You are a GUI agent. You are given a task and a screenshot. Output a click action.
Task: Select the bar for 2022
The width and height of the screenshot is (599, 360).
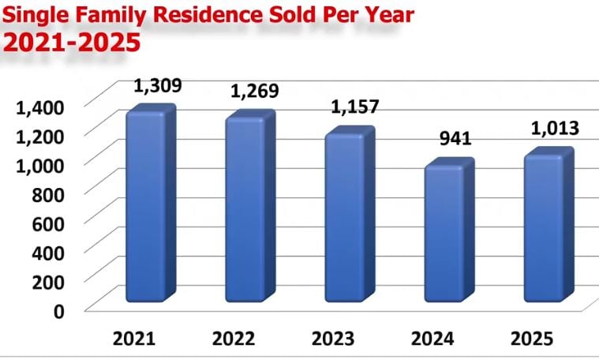245,212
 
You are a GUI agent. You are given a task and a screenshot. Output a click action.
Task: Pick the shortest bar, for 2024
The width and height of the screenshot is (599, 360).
444,234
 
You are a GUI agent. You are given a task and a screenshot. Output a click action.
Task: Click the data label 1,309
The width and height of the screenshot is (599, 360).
156,84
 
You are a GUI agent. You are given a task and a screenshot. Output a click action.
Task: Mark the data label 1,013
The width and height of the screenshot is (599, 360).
553,128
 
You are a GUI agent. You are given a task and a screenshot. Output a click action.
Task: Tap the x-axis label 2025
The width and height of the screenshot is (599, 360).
533,339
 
